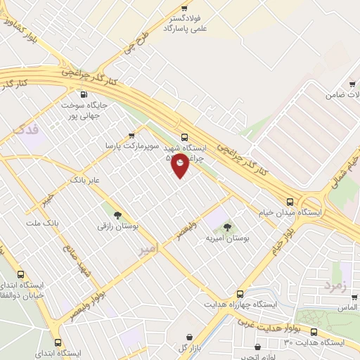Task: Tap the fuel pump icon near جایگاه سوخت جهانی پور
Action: tap(84, 94)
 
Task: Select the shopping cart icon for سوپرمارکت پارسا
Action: tap(131, 136)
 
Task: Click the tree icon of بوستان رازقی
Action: tap(117, 216)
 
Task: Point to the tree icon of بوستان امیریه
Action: tap(226, 227)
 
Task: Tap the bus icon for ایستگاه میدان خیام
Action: tap(290, 201)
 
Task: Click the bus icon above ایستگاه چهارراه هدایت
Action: tap(240, 294)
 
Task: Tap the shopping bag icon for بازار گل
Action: tap(188, 337)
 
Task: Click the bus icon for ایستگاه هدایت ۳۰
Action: tap(314, 332)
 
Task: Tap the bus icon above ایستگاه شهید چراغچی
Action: tap(185, 138)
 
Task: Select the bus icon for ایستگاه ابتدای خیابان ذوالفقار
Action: tap(20, 275)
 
